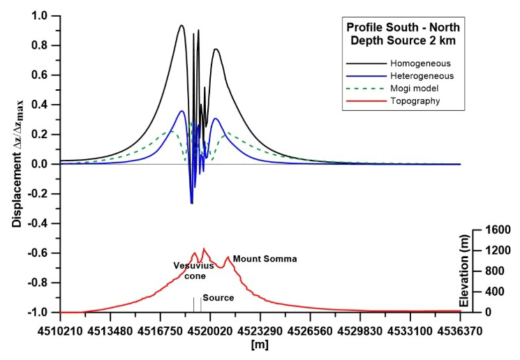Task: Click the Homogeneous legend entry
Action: [x=419, y=63]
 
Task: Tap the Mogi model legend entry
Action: [x=415, y=89]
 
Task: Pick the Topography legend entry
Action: [x=415, y=101]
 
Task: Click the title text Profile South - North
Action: [x=404, y=27]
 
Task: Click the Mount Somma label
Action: [x=265, y=259]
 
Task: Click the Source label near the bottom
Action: [x=218, y=298]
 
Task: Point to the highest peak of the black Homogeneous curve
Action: [x=181, y=26]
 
